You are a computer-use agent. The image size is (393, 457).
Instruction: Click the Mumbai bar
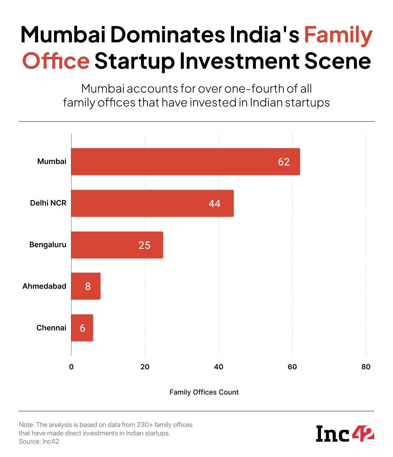click(185, 162)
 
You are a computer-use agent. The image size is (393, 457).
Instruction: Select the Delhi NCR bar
click(152, 203)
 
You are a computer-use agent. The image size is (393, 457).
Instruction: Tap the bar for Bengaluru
click(117, 245)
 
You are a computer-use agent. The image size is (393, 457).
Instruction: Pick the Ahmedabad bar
click(86, 286)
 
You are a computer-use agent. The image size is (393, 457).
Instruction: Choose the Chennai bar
click(82, 328)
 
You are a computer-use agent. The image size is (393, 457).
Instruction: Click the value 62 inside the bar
click(283, 162)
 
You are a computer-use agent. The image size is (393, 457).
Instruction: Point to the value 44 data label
click(214, 204)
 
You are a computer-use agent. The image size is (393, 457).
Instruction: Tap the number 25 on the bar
click(144, 245)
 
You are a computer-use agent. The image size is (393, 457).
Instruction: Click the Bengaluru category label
click(48, 245)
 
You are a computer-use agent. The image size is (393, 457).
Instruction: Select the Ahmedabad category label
click(44, 286)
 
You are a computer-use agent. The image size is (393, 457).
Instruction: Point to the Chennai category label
click(51, 328)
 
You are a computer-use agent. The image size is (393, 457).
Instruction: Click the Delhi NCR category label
click(48, 203)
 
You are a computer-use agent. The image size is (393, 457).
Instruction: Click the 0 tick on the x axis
click(71, 367)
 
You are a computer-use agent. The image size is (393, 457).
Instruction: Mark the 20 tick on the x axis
click(145, 367)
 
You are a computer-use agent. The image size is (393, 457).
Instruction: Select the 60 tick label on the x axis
click(292, 367)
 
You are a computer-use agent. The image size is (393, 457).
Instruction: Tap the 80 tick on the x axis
click(366, 367)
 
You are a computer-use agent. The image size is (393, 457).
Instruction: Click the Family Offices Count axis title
click(204, 392)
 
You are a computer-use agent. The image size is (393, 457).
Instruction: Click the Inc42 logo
click(345, 434)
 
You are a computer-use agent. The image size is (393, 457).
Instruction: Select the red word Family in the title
click(338, 35)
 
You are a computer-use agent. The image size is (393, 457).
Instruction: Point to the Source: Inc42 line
click(39, 441)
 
